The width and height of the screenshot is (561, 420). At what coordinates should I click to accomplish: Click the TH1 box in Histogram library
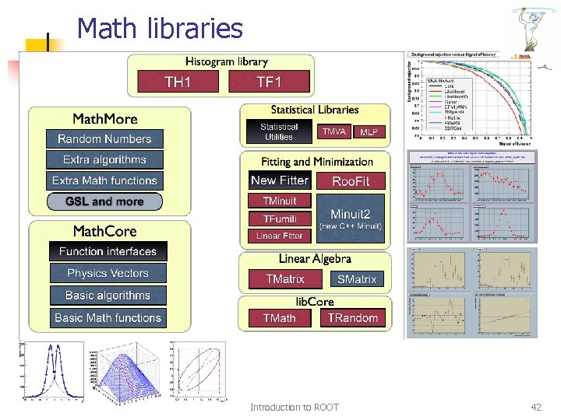178,82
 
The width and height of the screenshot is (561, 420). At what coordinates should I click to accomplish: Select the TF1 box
269,82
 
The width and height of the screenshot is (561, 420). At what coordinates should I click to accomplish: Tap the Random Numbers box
104,139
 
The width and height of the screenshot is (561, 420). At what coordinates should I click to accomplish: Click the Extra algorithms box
104,159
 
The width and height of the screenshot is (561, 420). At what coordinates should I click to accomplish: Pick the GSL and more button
104,201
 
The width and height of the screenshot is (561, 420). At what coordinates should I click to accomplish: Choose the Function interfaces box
108,251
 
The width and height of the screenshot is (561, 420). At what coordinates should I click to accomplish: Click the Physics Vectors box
108,273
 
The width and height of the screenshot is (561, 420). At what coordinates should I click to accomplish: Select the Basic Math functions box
108,317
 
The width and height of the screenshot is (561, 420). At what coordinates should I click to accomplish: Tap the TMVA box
334,132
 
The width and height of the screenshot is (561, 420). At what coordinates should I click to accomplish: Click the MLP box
369,132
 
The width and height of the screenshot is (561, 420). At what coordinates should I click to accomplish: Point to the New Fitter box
280,180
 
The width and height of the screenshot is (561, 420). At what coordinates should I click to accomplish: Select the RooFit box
351,181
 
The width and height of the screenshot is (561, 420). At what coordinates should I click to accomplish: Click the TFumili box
280,219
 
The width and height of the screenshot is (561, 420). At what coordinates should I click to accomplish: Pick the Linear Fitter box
280,236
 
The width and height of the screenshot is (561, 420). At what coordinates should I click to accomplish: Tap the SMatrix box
356,279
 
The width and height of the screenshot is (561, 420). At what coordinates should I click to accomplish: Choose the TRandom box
352,318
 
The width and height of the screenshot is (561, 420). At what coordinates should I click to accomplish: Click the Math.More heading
104,119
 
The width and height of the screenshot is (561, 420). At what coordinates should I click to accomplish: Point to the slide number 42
535,408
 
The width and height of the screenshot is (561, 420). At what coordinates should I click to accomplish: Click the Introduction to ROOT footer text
295,408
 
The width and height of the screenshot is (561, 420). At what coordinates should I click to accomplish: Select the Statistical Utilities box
279,131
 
